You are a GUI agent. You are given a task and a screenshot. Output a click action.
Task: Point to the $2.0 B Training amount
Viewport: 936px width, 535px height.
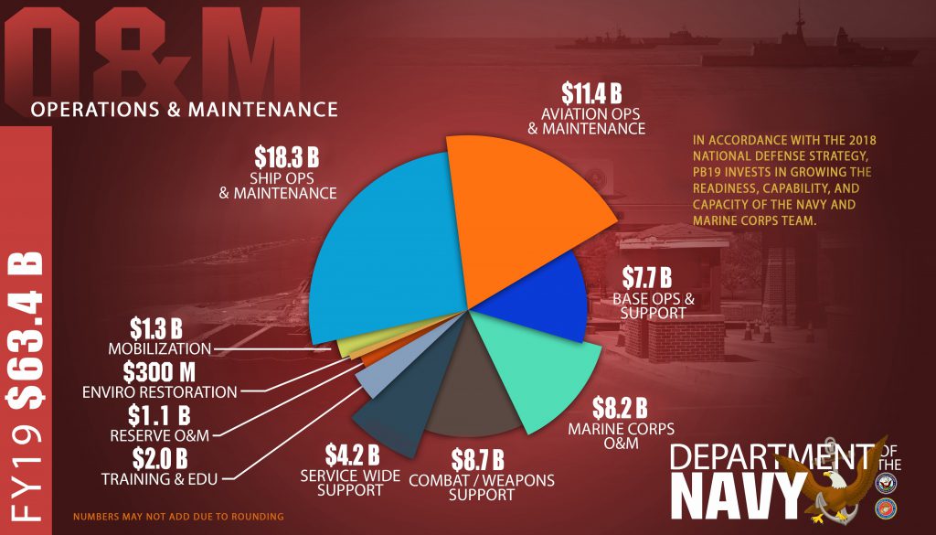pos(165,456)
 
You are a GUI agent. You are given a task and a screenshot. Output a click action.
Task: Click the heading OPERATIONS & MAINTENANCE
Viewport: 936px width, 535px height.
pos(183,110)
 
